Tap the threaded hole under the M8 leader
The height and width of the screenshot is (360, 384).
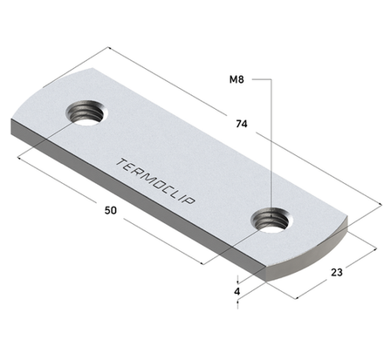coord(271,221)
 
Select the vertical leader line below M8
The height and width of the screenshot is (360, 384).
coord(273,148)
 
